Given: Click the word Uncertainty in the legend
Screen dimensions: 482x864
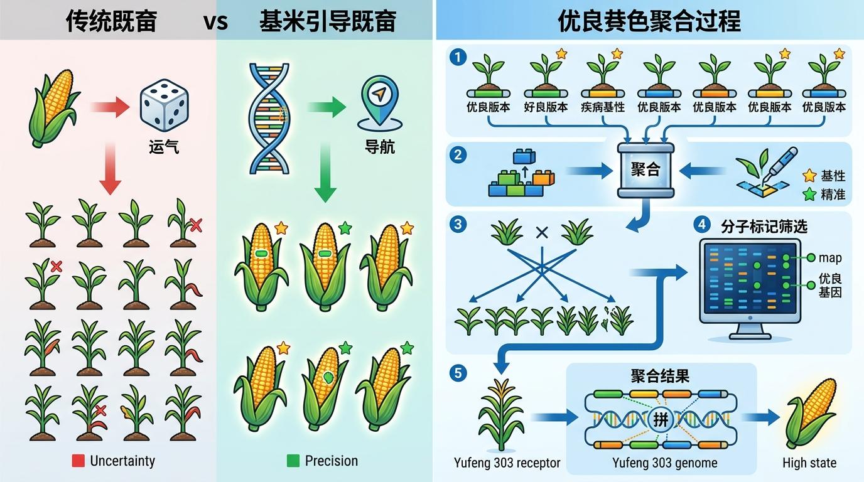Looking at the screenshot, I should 122,461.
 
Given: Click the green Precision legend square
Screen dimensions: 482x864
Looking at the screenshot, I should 293,461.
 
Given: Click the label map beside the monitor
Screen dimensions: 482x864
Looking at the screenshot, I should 830,257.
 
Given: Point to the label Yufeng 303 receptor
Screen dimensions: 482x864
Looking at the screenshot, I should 507,463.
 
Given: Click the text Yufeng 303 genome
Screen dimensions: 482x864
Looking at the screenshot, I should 664,463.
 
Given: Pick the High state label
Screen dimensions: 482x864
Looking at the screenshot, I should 809,463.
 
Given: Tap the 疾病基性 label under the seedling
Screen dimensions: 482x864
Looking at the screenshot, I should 603,107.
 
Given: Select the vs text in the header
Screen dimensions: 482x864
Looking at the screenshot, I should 216,21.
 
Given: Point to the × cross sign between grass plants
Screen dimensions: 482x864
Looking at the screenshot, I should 542,233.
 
